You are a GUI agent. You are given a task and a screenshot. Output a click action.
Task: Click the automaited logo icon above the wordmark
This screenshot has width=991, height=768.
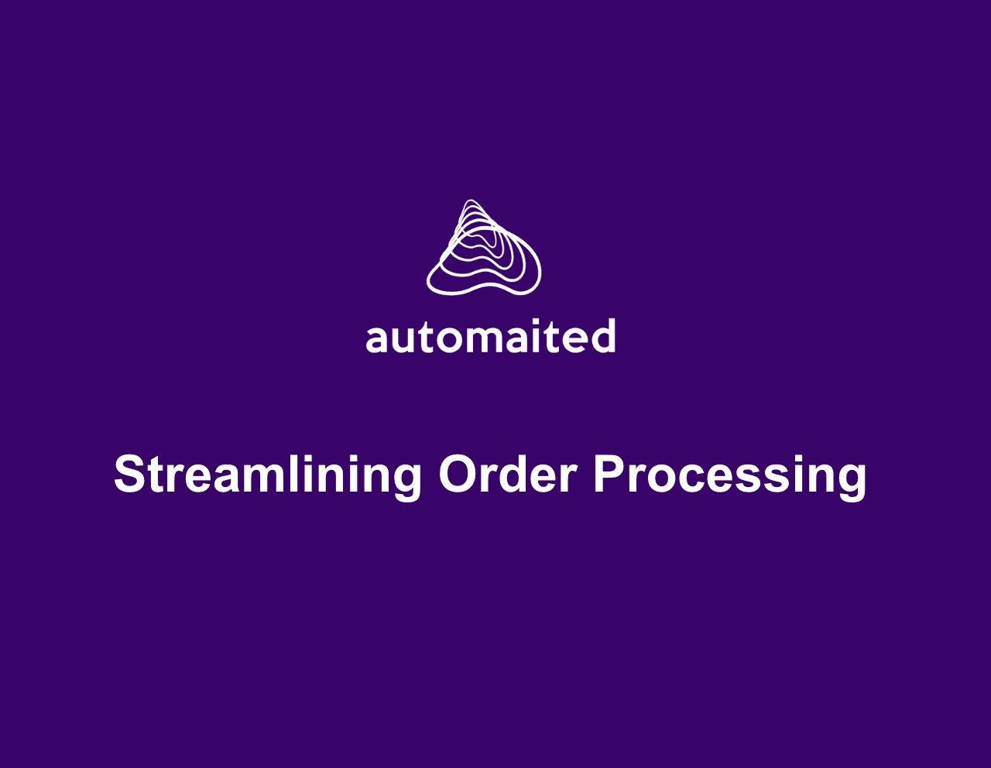tap(484, 248)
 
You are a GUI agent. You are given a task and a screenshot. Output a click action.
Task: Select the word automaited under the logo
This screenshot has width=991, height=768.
tap(491, 338)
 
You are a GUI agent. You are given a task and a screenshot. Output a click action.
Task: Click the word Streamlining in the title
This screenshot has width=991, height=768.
tap(268, 474)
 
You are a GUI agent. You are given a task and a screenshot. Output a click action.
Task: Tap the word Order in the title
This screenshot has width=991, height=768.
tap(508, 474)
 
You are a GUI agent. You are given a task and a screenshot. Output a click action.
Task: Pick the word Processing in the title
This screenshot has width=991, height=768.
tap(730, 474)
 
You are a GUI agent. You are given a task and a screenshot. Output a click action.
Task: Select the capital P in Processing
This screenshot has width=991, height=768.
tap(610, 474)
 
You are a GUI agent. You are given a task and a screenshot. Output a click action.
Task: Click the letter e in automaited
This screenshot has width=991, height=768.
tap(574, 339)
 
